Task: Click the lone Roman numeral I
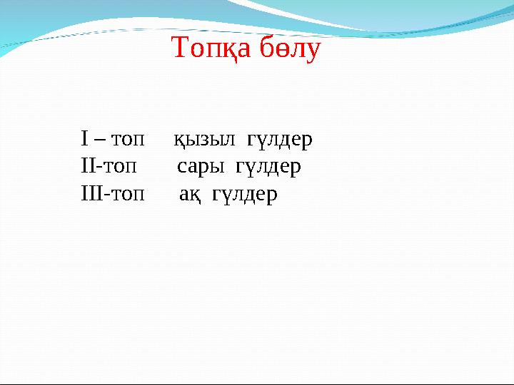84,139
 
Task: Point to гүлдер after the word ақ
244,195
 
